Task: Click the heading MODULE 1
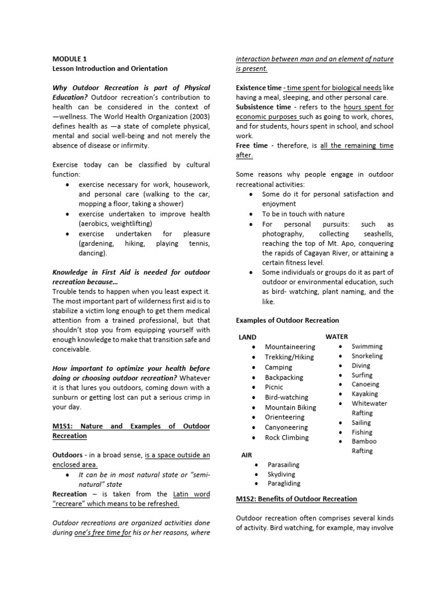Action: pos(69,59)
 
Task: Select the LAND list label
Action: pos(247,337)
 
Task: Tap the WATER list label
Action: pos(337,336)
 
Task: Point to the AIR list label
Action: pos(246,455)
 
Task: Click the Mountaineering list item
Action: pos(290,347)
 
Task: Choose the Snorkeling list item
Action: pos(367,356)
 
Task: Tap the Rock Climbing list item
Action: pos(286,438)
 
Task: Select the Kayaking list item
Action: pos(365,394)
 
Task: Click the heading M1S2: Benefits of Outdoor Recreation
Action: pos(296,499)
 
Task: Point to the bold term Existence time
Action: pos(258,88)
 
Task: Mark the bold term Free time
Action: pos(251,145)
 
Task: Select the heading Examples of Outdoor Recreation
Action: pos(287,320)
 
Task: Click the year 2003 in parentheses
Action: pos(197,117)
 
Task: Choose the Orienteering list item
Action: pos(284,417)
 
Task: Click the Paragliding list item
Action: pos(283,483)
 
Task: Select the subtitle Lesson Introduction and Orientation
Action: pos(110,69)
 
